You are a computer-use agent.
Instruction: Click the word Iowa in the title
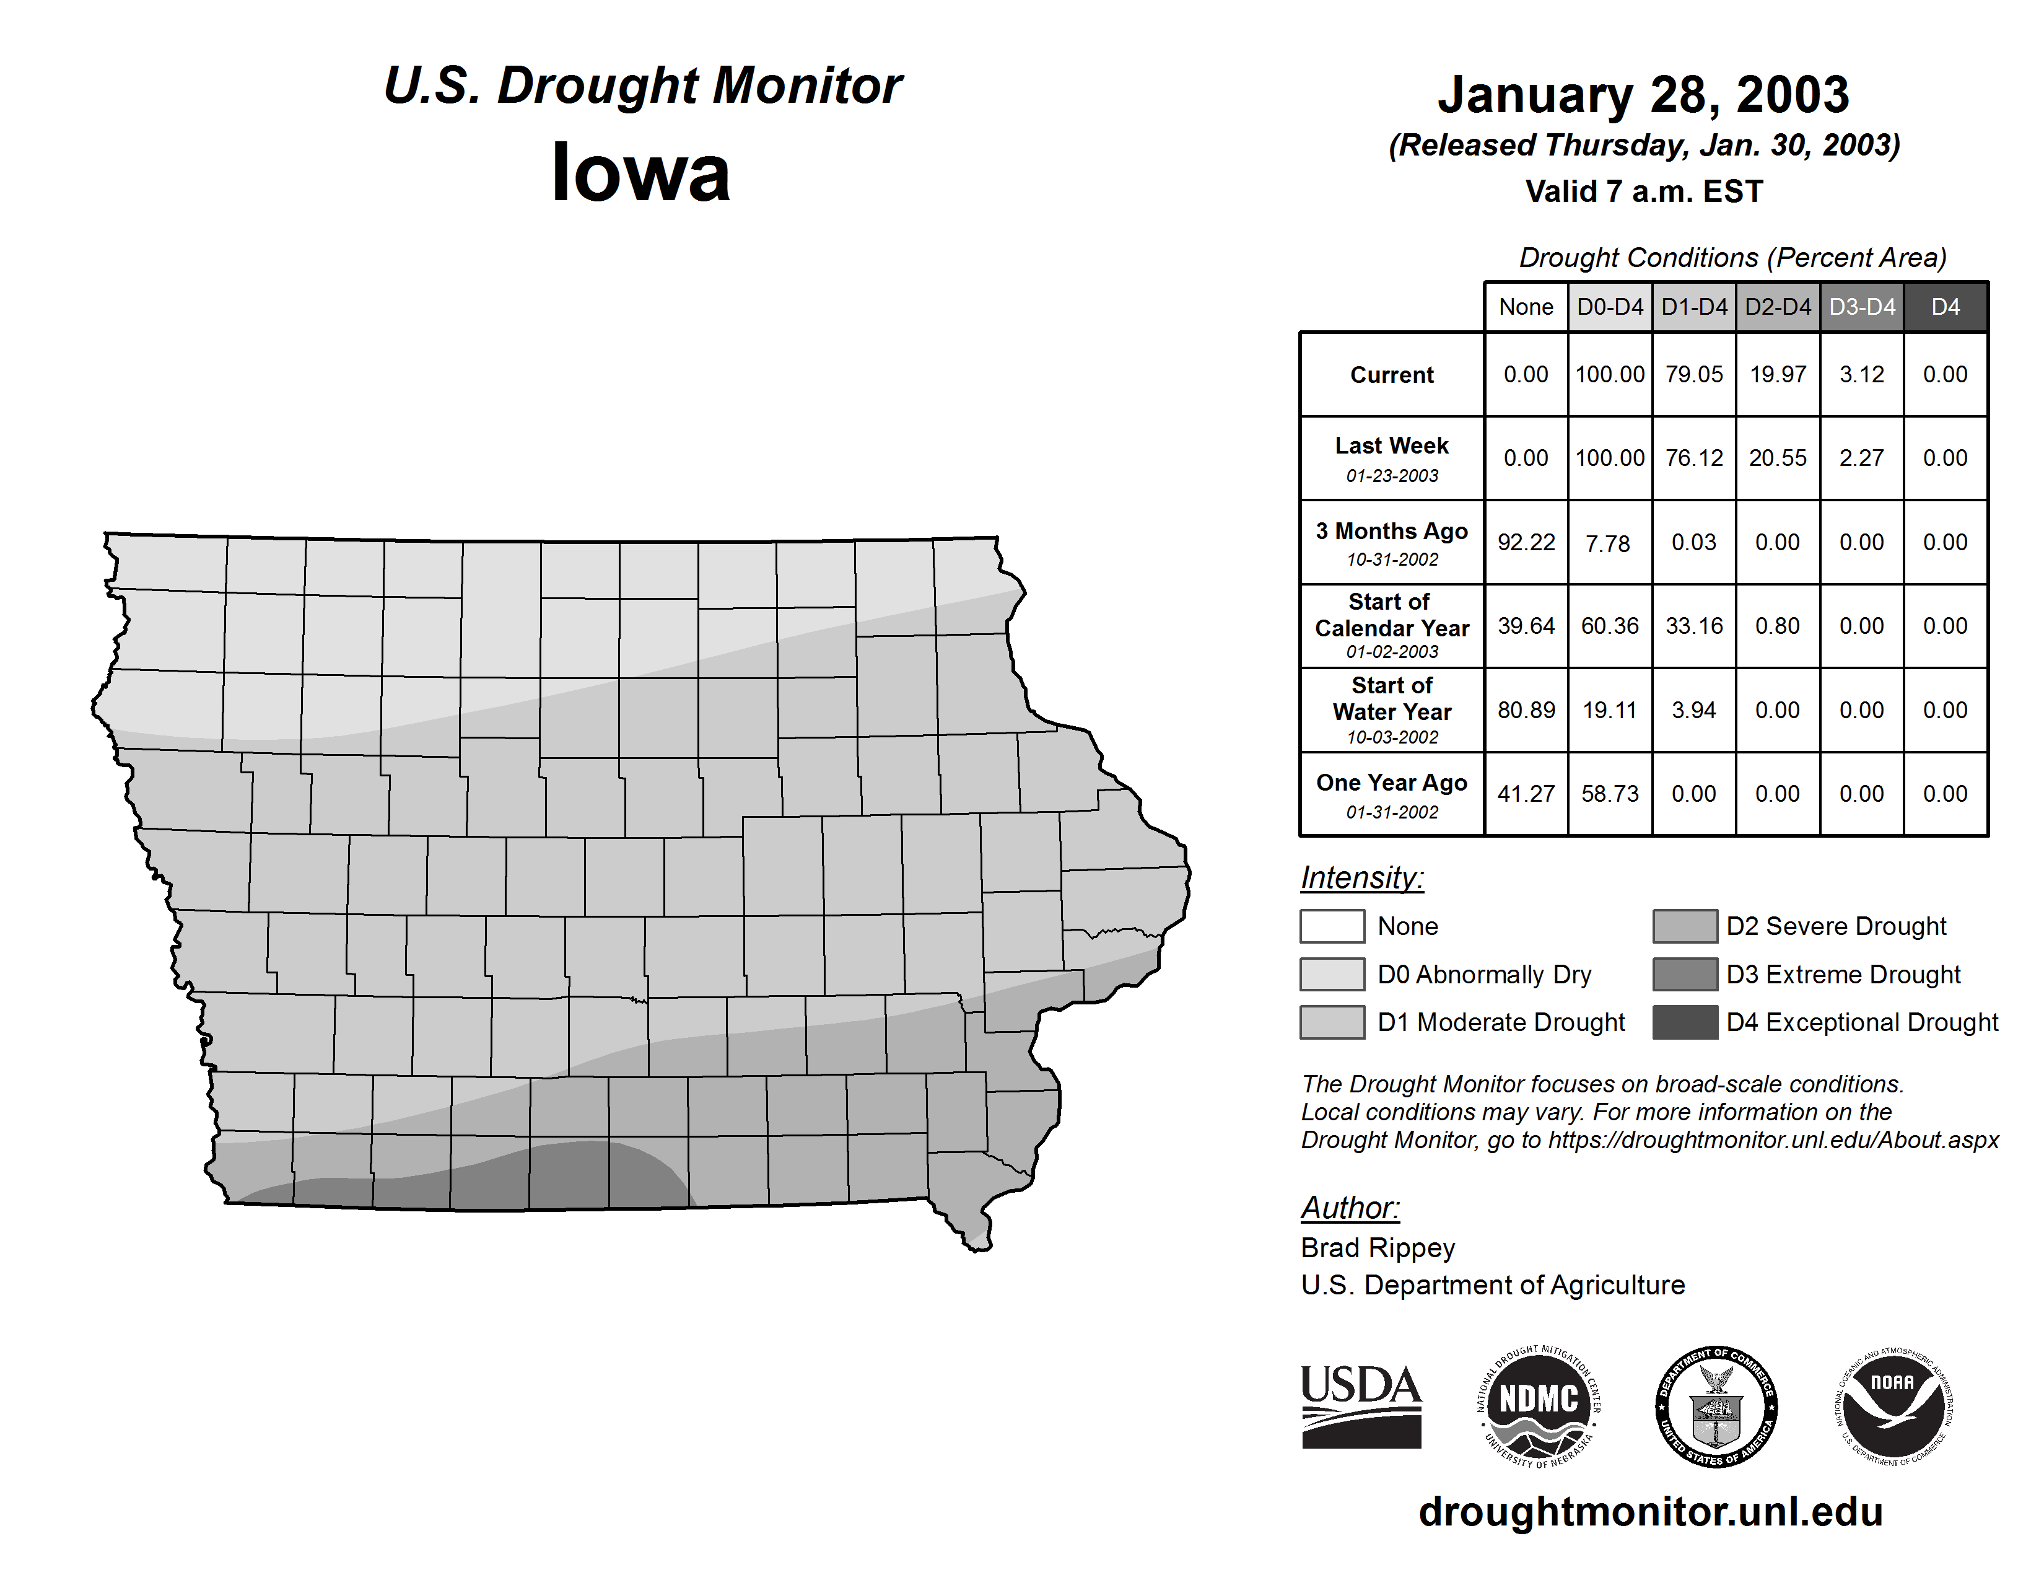[640, 173]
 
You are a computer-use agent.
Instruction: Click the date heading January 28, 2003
[1643, 95]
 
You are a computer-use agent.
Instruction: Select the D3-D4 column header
[1861, 307]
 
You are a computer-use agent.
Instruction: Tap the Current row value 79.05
[1694, 374]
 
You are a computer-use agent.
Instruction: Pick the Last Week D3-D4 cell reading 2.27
[1861, 458]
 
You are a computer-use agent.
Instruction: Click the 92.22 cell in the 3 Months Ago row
[1526, 542]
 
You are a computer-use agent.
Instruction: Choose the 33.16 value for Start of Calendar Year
[1694, 625]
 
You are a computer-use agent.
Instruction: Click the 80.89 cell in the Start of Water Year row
[1526, 709]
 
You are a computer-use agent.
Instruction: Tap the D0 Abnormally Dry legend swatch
[1332, 973]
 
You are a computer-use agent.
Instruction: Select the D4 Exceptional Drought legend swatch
[1685, 1022]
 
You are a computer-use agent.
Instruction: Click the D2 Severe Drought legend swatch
[1685, 926]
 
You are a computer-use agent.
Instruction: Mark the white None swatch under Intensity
[1332, 926]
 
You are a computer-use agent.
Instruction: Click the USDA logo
[1361, 1406]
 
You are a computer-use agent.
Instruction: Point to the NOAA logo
[1892, 1406]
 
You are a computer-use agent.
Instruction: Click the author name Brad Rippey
[1378, 1248]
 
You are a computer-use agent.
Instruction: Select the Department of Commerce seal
[1716, 1406]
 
